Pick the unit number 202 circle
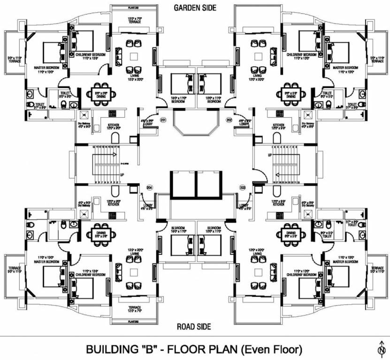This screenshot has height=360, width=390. click(x=229, y=120)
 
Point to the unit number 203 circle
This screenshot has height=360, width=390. click(x=243, y=187)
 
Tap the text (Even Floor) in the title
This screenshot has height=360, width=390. click(x=274, y=350)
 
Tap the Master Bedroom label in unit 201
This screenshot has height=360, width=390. click(x=46, y=69)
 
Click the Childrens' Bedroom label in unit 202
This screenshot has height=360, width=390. click(x=303, y=56)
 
